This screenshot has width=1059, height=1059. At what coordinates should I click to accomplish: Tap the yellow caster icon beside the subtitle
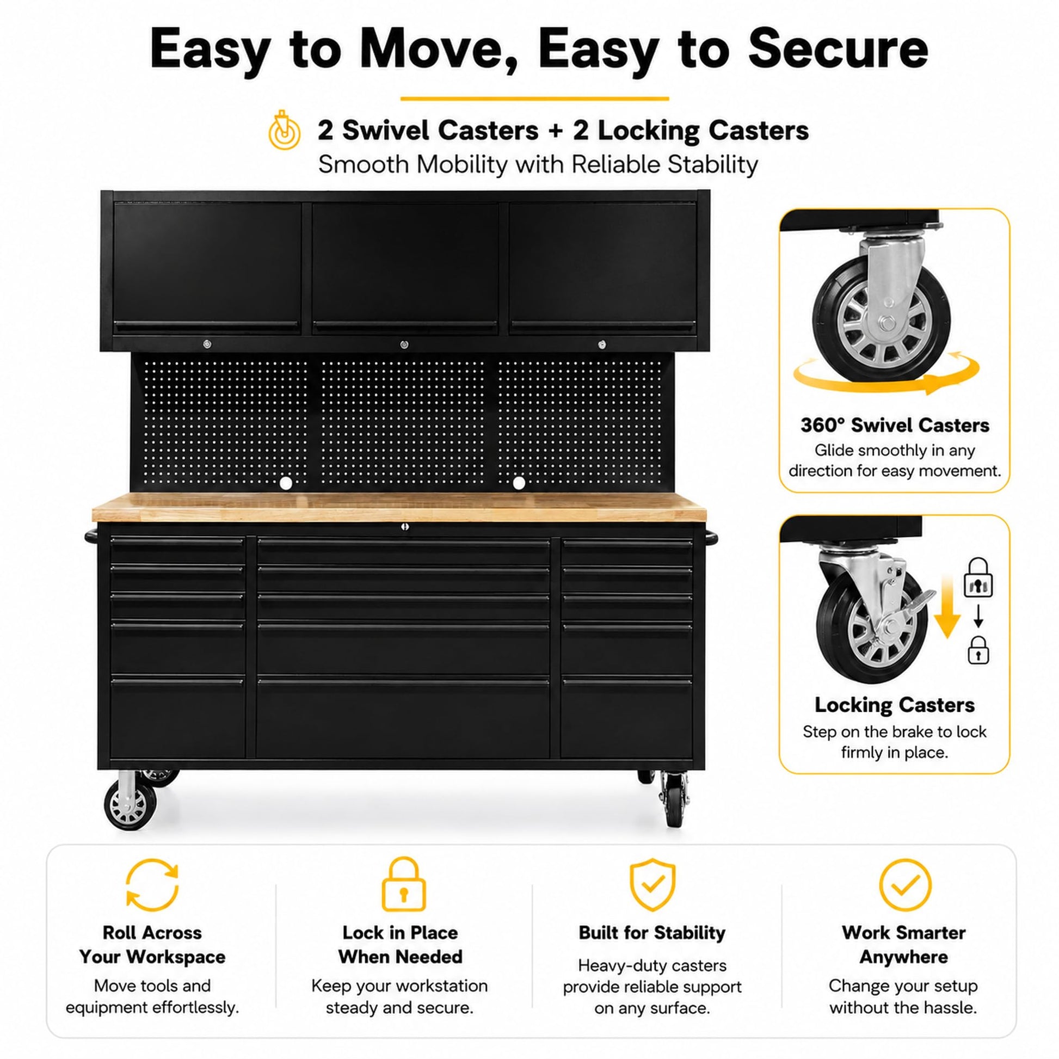(x=284, y=131)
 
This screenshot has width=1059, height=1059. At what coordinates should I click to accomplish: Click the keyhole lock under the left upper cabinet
(x=207, y=344)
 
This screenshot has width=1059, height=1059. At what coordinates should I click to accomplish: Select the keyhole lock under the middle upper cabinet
(x=404, y=344)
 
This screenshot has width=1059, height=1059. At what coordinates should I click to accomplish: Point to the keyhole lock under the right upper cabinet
(x=602, y=344)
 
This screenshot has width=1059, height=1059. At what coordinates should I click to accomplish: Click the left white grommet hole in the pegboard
(x=286, y=483)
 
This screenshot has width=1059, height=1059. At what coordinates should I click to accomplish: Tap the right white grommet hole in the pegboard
(x=519, y=483)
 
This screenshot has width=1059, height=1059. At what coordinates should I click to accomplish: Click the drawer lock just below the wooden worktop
(x=404, y=527)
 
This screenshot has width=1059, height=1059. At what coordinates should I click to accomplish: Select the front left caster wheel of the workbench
(x=130, y=805)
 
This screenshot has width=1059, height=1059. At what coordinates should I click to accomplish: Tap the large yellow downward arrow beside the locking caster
(x=947, y=607)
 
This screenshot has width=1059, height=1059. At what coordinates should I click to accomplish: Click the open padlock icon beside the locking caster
(x=978, y=577)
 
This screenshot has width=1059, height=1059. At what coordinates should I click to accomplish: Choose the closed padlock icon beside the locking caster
(x=978, y=650)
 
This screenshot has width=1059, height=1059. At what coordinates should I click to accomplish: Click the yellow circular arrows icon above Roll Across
(x=152, y=885)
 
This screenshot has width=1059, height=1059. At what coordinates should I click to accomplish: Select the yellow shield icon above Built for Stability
(x=652, y=885)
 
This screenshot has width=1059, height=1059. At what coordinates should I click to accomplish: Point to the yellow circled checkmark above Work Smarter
(x=905, y=885)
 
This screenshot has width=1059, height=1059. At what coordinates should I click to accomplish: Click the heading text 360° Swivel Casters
(x=895, y=426)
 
